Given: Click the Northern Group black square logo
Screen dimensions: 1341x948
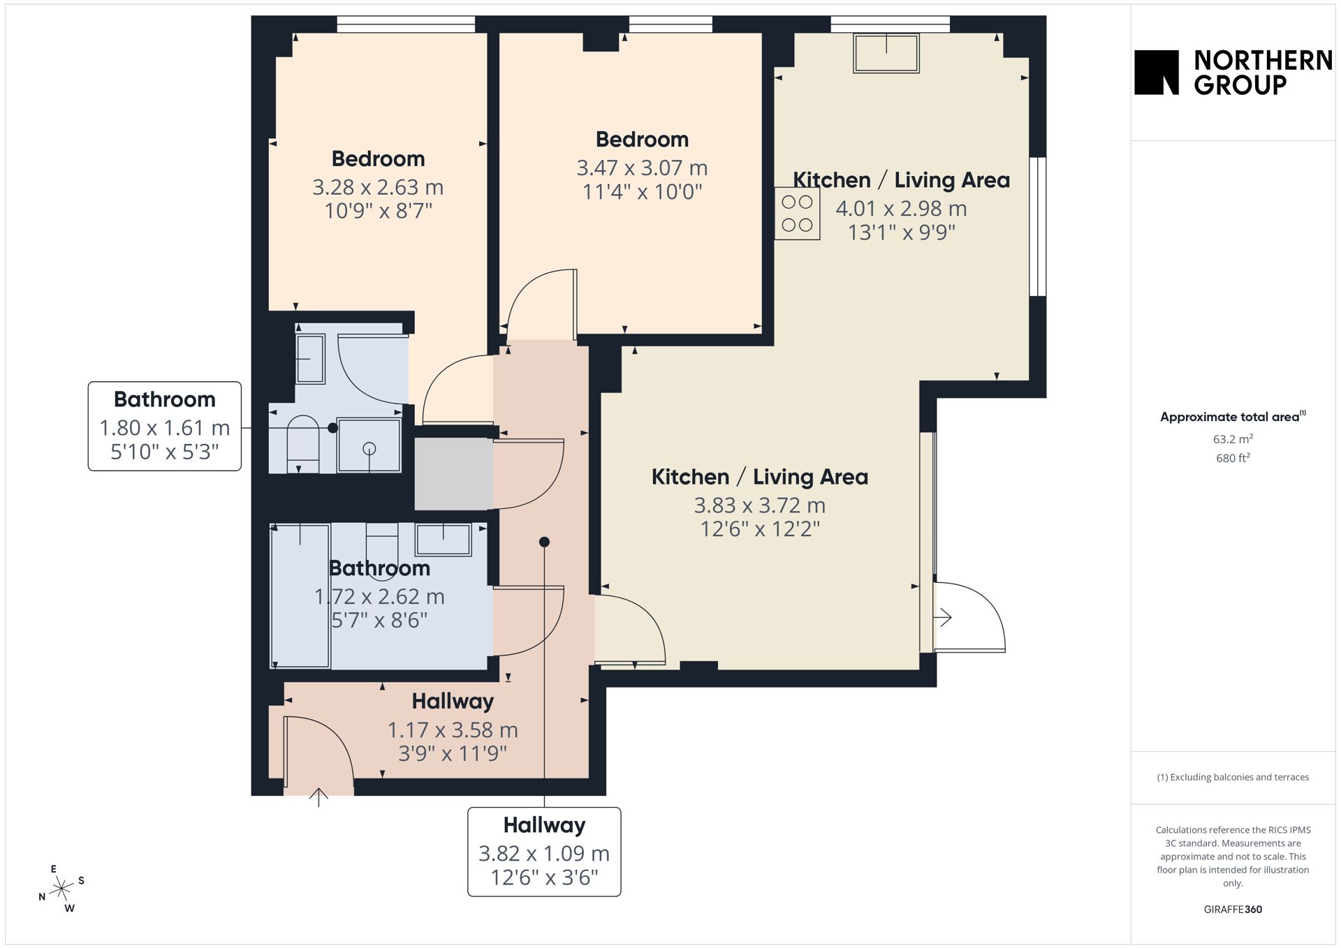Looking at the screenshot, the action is click(1156, 72).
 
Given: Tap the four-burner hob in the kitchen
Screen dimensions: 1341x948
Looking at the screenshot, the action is click(797, 214).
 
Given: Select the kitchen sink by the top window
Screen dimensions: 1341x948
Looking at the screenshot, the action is click(886, 52).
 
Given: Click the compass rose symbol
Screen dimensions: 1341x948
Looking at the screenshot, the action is click(62, 889).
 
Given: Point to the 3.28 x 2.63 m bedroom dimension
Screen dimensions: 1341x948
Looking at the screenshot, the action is click(378, 187).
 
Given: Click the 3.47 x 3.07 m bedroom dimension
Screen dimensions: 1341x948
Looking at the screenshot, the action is click(642, 168).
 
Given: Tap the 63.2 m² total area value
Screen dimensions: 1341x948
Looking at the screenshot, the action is click(1233, 439).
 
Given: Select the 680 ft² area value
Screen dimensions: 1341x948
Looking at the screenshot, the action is click(1233, 458).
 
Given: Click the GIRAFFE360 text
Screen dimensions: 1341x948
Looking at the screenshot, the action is click(1233, 909).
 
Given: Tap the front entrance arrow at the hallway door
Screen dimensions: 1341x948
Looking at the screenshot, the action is click(318, 797).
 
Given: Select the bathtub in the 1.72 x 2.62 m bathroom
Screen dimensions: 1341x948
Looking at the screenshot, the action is click(300, 596).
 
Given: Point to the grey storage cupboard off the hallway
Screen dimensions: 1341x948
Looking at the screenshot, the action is click(454, 473).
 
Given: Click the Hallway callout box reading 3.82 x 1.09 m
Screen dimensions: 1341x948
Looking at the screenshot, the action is click(544, 852).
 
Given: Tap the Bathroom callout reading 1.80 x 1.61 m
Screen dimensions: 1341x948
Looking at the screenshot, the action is click(165, 426).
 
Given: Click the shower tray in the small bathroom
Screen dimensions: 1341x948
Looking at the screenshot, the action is click(369, 445).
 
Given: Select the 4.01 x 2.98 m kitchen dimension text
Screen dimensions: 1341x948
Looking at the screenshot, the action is click(901, 208).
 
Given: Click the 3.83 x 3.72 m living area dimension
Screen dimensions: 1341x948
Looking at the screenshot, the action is click(760, 505).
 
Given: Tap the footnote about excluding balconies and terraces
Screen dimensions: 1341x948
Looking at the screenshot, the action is click(1233, 777).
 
